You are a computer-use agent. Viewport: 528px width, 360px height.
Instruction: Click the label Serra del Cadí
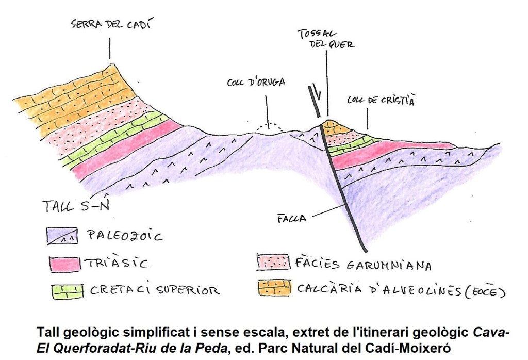(108, 24)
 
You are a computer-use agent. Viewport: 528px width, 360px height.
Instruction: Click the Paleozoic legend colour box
(64, 236)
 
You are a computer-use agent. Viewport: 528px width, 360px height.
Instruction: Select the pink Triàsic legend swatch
(64, 263)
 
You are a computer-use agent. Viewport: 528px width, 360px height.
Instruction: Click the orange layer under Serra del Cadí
(77, 103)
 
